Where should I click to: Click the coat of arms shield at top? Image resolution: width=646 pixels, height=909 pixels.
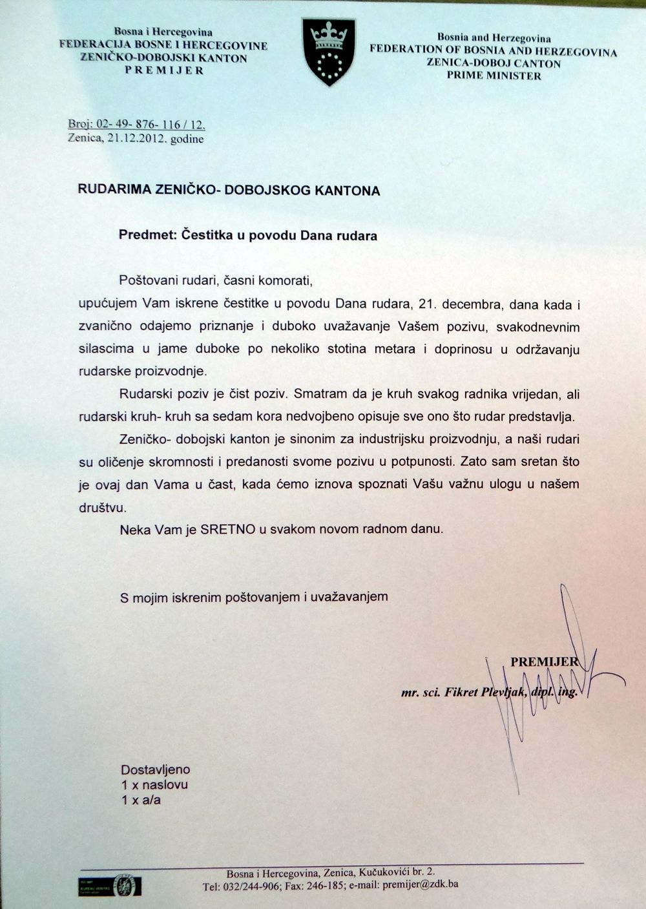click(x=329, y=51)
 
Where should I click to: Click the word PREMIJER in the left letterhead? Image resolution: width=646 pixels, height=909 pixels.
click(x=164, y=70)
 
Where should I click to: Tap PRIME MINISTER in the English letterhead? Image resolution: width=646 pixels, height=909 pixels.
click(x=494, y=76)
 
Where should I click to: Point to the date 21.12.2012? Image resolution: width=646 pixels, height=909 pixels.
click(x=138, y=138)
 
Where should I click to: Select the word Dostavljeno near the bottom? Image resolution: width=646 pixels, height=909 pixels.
click(x=155, y=769)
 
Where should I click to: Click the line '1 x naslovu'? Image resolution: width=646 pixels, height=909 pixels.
click(x=154, y=785)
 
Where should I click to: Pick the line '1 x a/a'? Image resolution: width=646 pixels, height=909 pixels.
click(x=141, y=800)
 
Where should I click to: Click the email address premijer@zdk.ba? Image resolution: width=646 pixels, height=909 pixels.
click(x=421, y=885)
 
